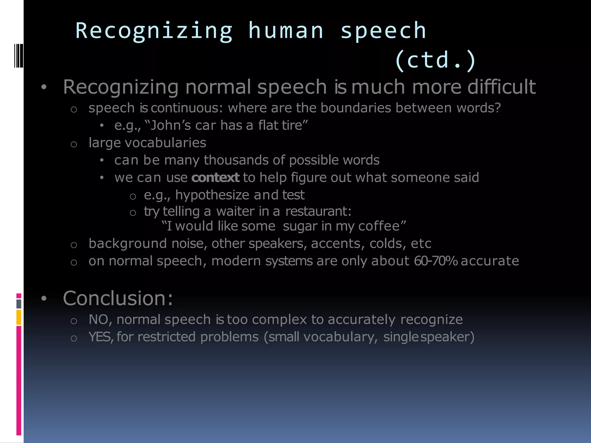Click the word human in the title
tap(286, 31)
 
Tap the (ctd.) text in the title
tap(435, 60)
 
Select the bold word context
tap(215, 177)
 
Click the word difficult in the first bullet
tap(502, 87)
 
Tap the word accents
tap(336, 244)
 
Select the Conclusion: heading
tap(118, 298)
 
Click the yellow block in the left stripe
tap(19, 317)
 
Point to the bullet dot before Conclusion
tap(44, 299)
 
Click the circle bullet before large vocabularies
tap(74, 144)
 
